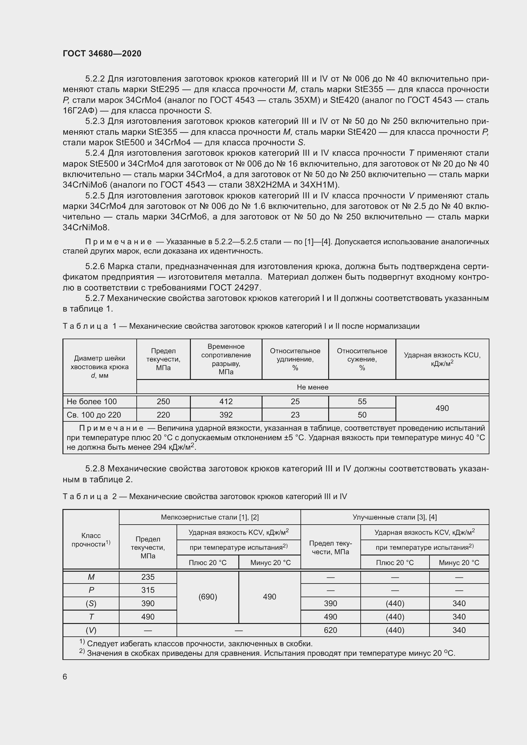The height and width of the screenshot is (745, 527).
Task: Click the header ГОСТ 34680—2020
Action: point(102,54)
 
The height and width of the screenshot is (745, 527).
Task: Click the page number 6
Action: point(65,676)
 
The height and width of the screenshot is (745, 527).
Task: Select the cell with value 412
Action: point(226,401)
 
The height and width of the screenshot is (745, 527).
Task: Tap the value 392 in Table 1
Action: point(226,415)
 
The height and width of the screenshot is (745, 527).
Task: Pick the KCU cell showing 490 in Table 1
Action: point(442,408)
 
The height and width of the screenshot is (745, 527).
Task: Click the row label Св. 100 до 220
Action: point(94,415)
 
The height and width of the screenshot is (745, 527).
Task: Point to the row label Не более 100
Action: point(92,401)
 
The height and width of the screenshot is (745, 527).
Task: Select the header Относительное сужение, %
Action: point(362,359)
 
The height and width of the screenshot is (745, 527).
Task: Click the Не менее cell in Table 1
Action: point(313,387)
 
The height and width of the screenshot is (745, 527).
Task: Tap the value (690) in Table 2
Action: point(208,597)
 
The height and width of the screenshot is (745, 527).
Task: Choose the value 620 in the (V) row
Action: point(330,630)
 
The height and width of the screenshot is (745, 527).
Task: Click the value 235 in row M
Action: point(148,577)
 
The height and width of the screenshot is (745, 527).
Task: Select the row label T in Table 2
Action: point(91,617)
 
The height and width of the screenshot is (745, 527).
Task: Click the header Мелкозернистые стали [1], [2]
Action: point(210,517)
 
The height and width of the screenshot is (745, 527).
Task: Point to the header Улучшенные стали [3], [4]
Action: point(394,517)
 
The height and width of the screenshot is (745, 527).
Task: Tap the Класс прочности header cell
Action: point(91,540)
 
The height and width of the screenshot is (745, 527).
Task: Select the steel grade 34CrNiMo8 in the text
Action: point(86,227)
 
